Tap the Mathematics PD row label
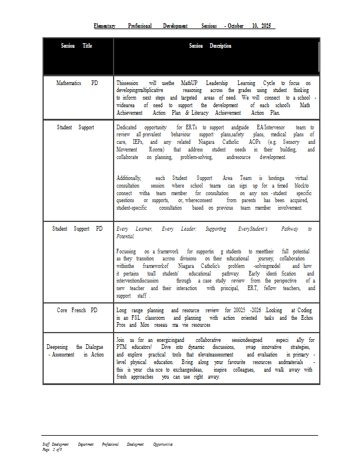pyautogui.click(x=77, y=83)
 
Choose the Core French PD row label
pyautogui.click(x=77, y=310)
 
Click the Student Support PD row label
pyautogui.click(x=77, y=229)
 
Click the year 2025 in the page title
pyautogui.click(x=267, y=26)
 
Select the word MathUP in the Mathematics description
pyautogui.click(x=191, y=83)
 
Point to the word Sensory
pyautogui.click(x=291, y=142)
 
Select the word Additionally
pyautogui.click(x=129, y=178)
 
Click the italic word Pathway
pyautogui.click(x=281, y=229)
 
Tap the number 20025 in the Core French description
pyautogui.click(x=242, y=311)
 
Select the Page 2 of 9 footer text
pyautogui.click(x=52, y=450)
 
